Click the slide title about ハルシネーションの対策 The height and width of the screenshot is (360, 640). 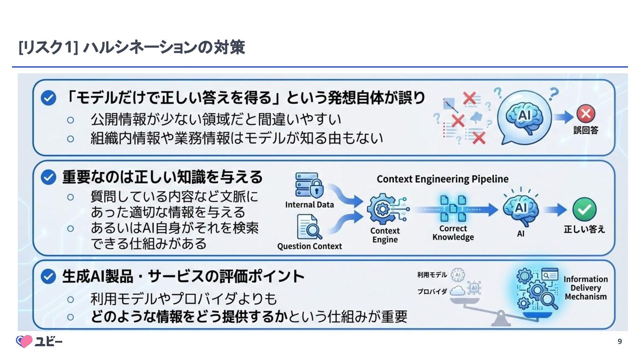132,48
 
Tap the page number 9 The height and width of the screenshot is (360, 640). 620,341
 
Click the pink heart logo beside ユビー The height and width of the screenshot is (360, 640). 24,341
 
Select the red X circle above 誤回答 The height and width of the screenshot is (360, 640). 586,114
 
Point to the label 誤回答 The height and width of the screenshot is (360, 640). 586,130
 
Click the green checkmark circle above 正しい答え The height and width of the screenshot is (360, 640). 584,209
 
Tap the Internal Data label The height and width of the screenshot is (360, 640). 309,205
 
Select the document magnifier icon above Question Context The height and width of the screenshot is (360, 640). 310,227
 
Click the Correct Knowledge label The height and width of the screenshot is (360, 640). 453,233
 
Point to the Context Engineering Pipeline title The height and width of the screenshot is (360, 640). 442,179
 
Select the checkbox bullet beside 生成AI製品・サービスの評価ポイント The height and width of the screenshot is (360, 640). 48,277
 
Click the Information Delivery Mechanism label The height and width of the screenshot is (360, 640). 585,288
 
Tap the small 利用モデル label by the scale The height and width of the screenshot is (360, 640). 432,275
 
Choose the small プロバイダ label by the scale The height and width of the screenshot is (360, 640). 432,292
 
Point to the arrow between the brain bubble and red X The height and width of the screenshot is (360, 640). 564,116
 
